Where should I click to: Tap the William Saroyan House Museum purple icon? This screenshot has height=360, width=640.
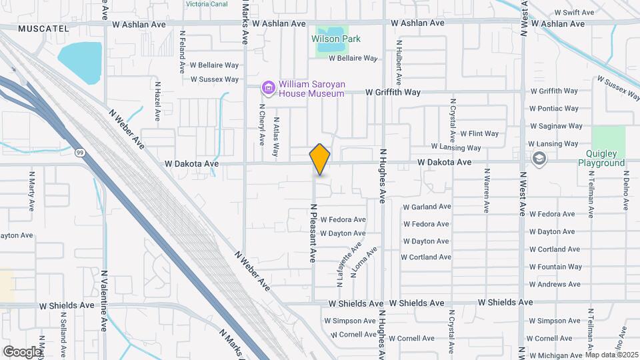pos(268,88)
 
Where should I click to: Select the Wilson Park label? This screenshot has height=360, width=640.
pos(336,39)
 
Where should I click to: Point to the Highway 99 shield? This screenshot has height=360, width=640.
pos(80,153)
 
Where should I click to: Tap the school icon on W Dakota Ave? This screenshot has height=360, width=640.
pos(539,159)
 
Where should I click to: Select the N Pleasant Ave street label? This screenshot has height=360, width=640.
pos(311,233)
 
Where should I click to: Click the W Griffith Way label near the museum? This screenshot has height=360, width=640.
pos(393,92)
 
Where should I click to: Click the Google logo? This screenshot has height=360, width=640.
pos(22,351)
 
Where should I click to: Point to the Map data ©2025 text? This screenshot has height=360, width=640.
pos(612,355)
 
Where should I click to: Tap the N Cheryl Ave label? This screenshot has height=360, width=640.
pos(261,124)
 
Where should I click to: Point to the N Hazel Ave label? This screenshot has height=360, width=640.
pos(157,101)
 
